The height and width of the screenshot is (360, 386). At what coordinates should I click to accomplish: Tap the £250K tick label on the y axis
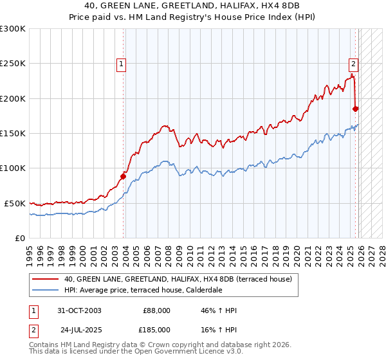tap(13, 64)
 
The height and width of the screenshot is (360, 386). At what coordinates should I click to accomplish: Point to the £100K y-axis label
tap(13, 168)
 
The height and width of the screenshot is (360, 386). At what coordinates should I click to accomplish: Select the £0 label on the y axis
tap(19, 238)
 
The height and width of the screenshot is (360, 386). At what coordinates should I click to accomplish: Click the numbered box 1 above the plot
tap(122, 64)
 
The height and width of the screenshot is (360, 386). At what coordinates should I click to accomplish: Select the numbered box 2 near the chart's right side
tap(354, 64)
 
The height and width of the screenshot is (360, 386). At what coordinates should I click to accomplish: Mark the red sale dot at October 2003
tap(124, 175)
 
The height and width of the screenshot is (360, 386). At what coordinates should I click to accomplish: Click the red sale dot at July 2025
tap(356, 109)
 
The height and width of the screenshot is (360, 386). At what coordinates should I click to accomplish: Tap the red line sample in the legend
tap(46, 279)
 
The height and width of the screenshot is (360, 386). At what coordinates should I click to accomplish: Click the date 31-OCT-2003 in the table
tap(80, 310)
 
